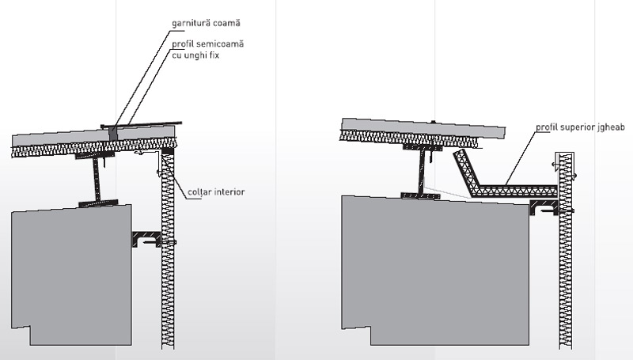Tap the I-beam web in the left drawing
pyautogui.click(x=99, y=178)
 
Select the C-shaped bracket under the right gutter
pyautogui.click(x=544, y=207)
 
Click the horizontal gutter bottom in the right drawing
pyautogui.click(x=514, y=190)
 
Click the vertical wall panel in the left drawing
pyautogui.click(x=167, y=253)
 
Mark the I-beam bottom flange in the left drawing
pyautogui.click(x=99, y=204)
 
